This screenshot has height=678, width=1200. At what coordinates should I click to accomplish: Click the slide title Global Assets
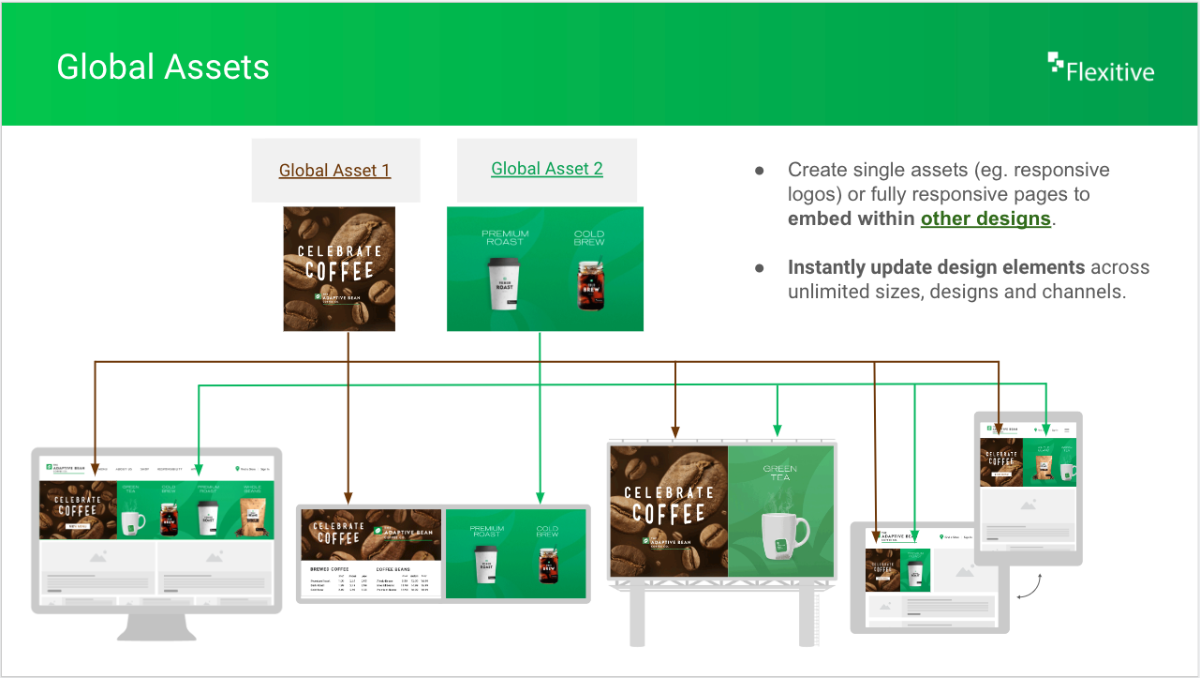pos(163,68)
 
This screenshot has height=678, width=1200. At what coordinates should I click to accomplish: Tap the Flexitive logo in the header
pos(1101,68)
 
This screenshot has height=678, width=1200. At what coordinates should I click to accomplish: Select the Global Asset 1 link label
pos(334,171)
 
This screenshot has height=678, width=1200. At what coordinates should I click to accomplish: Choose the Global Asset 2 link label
pos(546,169)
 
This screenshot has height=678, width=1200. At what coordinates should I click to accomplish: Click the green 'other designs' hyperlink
pos(985,218)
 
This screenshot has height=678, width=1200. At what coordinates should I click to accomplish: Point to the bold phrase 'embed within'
pos(852,218)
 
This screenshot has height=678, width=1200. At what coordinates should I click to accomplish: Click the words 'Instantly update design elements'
pos(936,267)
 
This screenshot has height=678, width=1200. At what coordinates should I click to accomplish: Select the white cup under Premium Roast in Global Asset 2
pos(504,283)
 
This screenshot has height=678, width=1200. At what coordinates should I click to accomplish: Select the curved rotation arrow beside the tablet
pos(1030,587)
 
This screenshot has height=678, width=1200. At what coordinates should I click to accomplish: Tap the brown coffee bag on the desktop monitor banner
pos(252,518)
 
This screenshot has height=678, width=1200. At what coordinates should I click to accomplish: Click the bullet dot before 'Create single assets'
pos(760,171)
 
